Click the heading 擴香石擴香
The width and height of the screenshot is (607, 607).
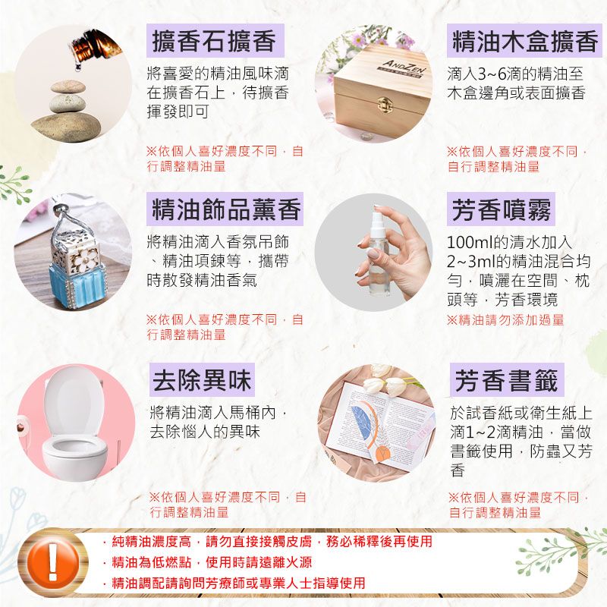point(214,41)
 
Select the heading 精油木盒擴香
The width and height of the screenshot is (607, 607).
point(525,41)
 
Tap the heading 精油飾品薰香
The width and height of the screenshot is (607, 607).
point(226,209)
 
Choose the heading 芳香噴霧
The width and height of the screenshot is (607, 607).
point(502,209)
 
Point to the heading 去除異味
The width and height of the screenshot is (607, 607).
point(202,380)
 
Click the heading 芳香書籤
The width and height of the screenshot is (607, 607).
point(506,380)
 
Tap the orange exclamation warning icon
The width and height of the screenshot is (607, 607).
point(53,561)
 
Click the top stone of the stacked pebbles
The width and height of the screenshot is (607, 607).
point(68,86)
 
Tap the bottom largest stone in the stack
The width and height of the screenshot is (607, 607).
point(66,125)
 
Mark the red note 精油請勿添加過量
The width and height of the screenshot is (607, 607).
point(505,320)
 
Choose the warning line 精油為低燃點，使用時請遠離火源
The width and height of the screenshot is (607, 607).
point(207,562)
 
